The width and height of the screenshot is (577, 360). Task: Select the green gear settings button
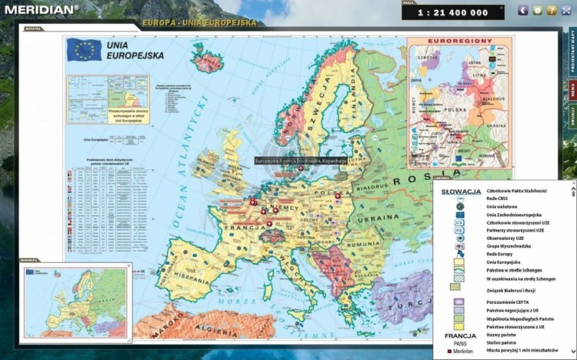(537, 10)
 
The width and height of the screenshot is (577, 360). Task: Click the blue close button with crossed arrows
(565, 10)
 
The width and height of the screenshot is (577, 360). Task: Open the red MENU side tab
(572, 90)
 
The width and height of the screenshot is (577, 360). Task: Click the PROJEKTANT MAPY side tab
(572, 53)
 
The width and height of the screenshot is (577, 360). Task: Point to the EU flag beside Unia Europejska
(83, 51)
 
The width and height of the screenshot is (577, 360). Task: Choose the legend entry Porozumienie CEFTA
(512, 302)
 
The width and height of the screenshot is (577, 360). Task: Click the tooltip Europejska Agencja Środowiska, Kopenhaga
(301, 161)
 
